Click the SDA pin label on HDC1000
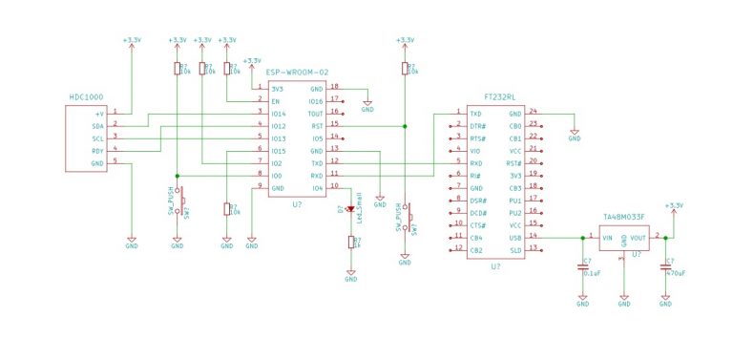point(97,126)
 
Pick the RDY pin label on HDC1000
point(97,151)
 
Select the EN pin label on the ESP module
point(276,101)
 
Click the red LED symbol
point(350,209)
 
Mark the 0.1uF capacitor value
point(592,274)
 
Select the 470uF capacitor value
point(675,274)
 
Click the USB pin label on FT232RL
point(514,237)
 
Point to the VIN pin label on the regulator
point(606,238)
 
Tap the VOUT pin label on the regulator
point(639,238)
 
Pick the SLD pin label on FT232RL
point(515,249)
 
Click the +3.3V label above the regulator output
point(674,205)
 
